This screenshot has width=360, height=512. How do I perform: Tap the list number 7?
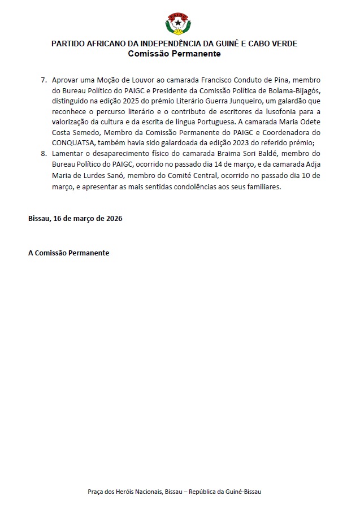(44, 81)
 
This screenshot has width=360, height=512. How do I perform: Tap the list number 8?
(44, 154)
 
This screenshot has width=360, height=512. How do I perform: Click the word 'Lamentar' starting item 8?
(68, 154)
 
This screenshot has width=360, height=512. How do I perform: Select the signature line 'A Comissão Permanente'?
(68, 253)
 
